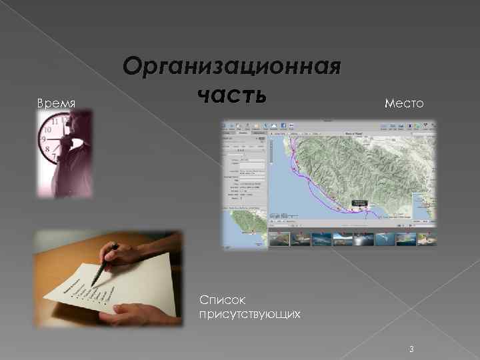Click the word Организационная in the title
[x=232, y=67]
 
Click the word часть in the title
[x=232, y=93]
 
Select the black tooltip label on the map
[x=360, y=202]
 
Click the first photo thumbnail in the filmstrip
[x=279, y=239]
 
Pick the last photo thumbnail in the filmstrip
[x=425, y=239]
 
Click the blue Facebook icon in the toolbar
[x=283, y=126]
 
